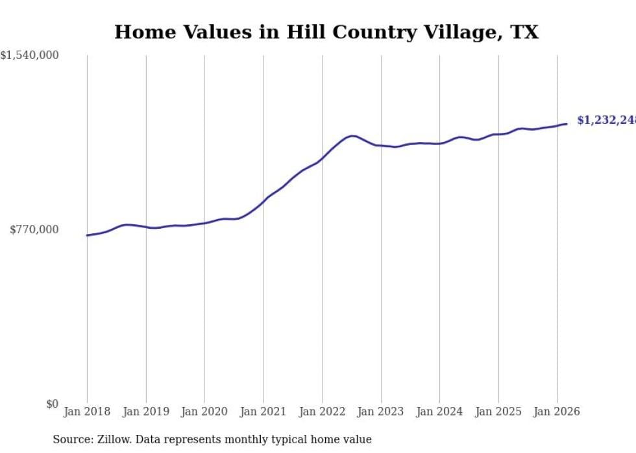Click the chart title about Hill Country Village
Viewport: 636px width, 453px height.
(x=326, y=32)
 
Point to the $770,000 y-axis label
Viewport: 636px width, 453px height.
(x=34, y=229)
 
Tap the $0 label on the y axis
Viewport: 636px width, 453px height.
(x=52, y=404)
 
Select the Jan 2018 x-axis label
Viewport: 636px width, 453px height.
(x=87, y=412)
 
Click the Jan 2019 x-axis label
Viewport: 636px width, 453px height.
(x=146, y=412)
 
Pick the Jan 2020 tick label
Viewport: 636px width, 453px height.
(x=204, y=412)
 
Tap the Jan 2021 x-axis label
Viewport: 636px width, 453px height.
(x=263, y=412)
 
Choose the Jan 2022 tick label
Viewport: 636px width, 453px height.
(x=322, y=412)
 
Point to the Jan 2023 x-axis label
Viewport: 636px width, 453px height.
(x=381, y=412)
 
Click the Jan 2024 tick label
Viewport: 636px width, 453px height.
(x=439, y=412)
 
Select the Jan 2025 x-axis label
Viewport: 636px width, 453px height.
(x=498, y=412)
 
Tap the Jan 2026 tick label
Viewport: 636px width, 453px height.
(x=557, y=412)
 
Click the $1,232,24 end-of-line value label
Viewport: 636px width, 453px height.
(x=605, y=120)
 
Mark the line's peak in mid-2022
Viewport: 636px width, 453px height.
(x=352, y=136)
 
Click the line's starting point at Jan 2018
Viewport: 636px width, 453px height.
(x=87, y=235)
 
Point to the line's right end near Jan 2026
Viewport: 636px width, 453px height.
(x=567, y=124)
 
